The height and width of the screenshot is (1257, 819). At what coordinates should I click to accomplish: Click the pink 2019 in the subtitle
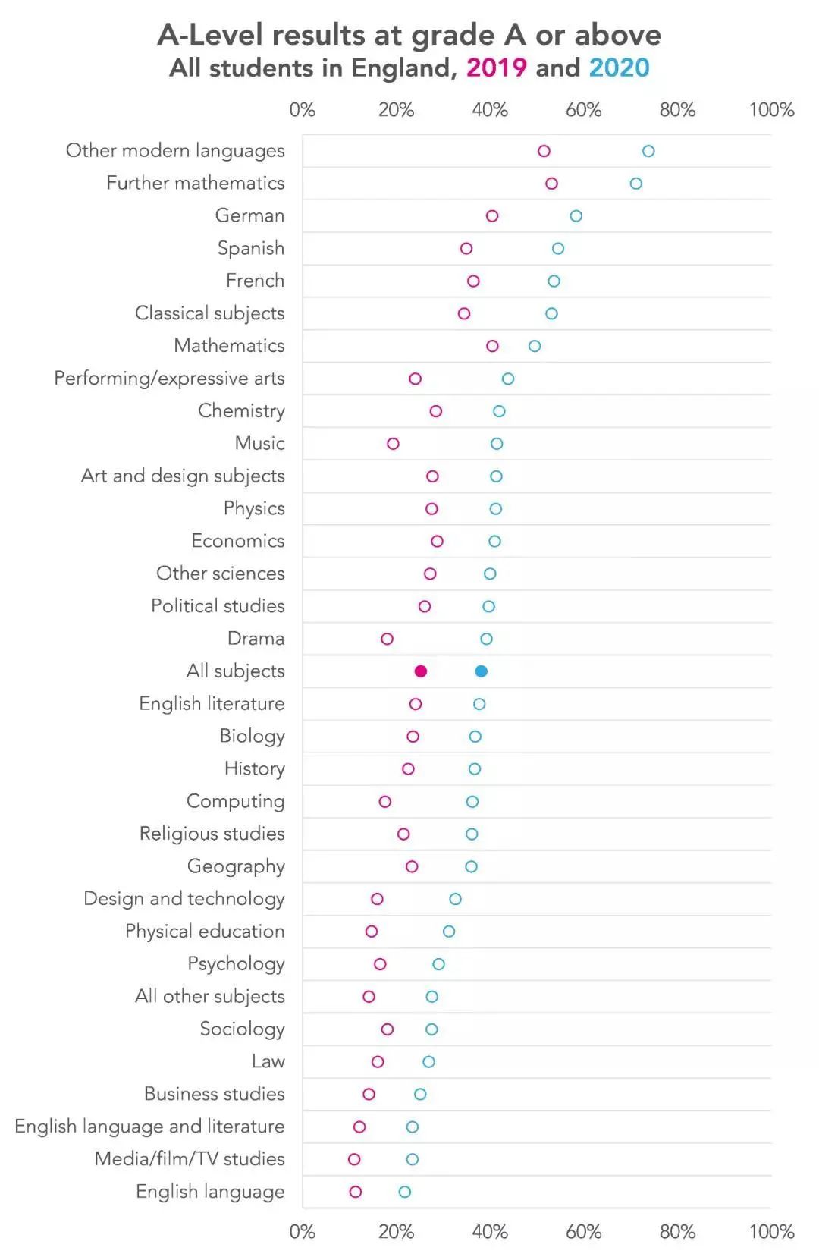click(496, 68)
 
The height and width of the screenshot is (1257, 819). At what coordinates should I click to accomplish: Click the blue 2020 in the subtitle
click(619, 68)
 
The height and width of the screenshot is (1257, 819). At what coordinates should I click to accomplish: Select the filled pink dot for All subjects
click(421, 671)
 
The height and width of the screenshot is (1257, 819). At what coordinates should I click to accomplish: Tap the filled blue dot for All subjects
click(481, 671)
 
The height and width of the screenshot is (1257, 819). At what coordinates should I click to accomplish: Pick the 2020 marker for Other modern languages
click(648, 151)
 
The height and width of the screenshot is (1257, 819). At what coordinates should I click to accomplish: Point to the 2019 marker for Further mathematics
click(551, 184)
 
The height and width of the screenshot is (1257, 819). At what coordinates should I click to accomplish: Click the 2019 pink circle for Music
click(393, 444)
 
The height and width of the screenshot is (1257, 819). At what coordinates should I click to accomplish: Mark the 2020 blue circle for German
click(576, 216)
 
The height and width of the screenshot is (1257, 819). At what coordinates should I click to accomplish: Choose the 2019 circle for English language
click(356, 1192)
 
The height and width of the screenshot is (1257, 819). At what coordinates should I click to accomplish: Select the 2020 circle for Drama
click(486, 639)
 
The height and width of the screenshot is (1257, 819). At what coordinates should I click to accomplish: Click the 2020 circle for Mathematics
click(535, 346)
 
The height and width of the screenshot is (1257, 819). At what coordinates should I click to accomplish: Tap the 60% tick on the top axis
click(583, 111)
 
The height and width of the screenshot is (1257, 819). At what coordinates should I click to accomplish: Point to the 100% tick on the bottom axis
click(771, 1232)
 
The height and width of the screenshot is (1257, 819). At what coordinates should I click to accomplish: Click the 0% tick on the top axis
click(302, 111)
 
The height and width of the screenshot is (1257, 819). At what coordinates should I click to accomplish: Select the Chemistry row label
click(241, 411)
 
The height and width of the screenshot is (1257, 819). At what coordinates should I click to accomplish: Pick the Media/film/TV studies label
click(190, 1159)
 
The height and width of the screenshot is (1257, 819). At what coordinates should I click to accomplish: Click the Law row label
click(268, 1061)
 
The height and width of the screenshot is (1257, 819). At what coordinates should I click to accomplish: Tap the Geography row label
click(236, 866)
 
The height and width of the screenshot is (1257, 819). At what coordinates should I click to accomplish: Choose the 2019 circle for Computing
click(385, 802)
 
